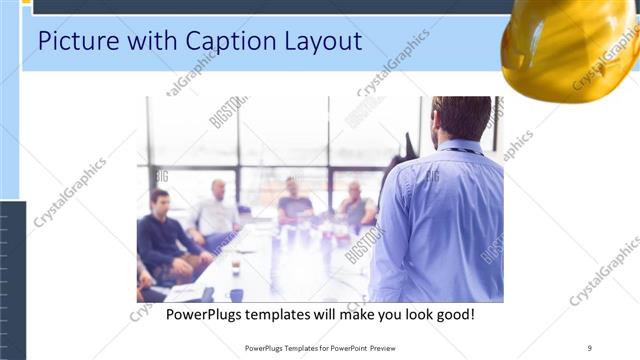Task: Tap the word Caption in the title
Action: point(231,43)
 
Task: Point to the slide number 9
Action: point(590,348)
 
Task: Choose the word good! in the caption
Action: point(453,314)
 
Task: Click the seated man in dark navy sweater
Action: point(160,235)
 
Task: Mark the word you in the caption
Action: point(384,314)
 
